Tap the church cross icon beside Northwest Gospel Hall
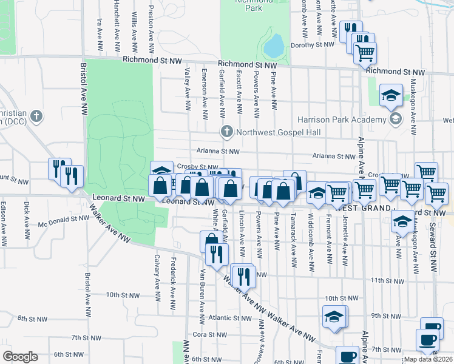click(227, 131)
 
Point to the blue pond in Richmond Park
click(274, 44)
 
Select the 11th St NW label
click(388, 280)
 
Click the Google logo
click(20, 357)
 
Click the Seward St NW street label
click(434, 243)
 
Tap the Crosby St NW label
click(198, 167)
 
